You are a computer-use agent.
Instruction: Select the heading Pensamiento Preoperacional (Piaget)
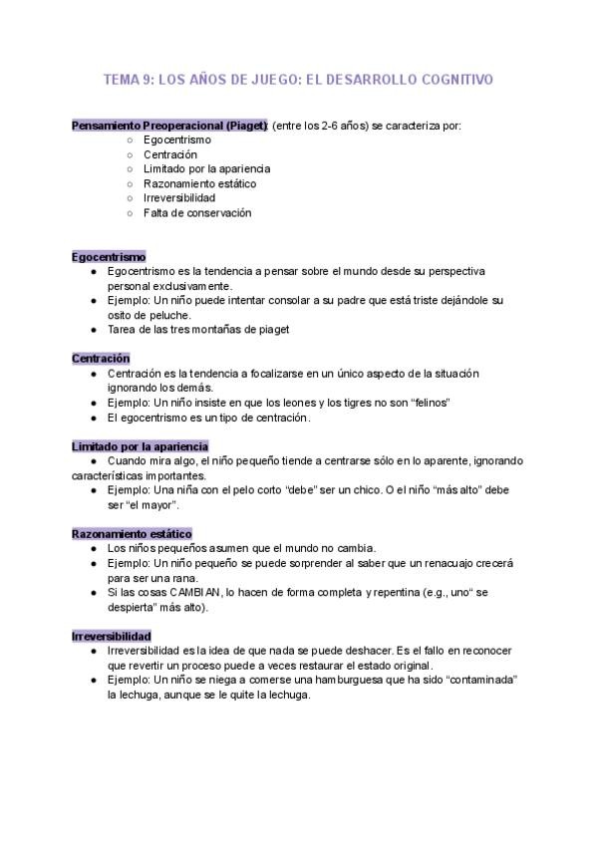click(169, 126)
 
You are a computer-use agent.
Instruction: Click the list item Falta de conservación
click(196, 212)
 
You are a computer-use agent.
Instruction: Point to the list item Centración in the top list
click(170, 154)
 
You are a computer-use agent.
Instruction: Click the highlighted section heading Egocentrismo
click(109, 256)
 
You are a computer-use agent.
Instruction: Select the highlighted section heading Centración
click(101, 358)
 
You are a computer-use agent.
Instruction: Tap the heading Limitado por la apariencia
click(140, 445)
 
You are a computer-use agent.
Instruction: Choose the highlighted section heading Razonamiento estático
click(132, 533)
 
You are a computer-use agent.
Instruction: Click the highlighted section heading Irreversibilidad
click(112, 635)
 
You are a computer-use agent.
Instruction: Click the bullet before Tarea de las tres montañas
click(92, 329)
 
